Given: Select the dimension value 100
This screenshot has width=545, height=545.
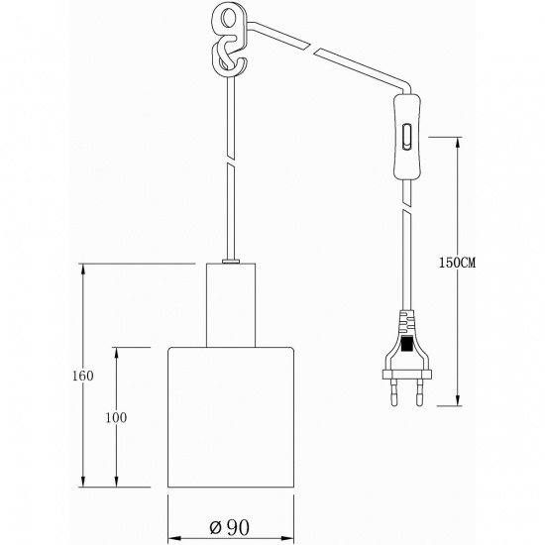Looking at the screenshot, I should [x=116, y=417].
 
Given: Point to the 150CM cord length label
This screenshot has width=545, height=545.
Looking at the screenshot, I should [x=458, y=264].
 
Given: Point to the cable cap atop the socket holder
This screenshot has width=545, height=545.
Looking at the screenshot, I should [x=230, y=262].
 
